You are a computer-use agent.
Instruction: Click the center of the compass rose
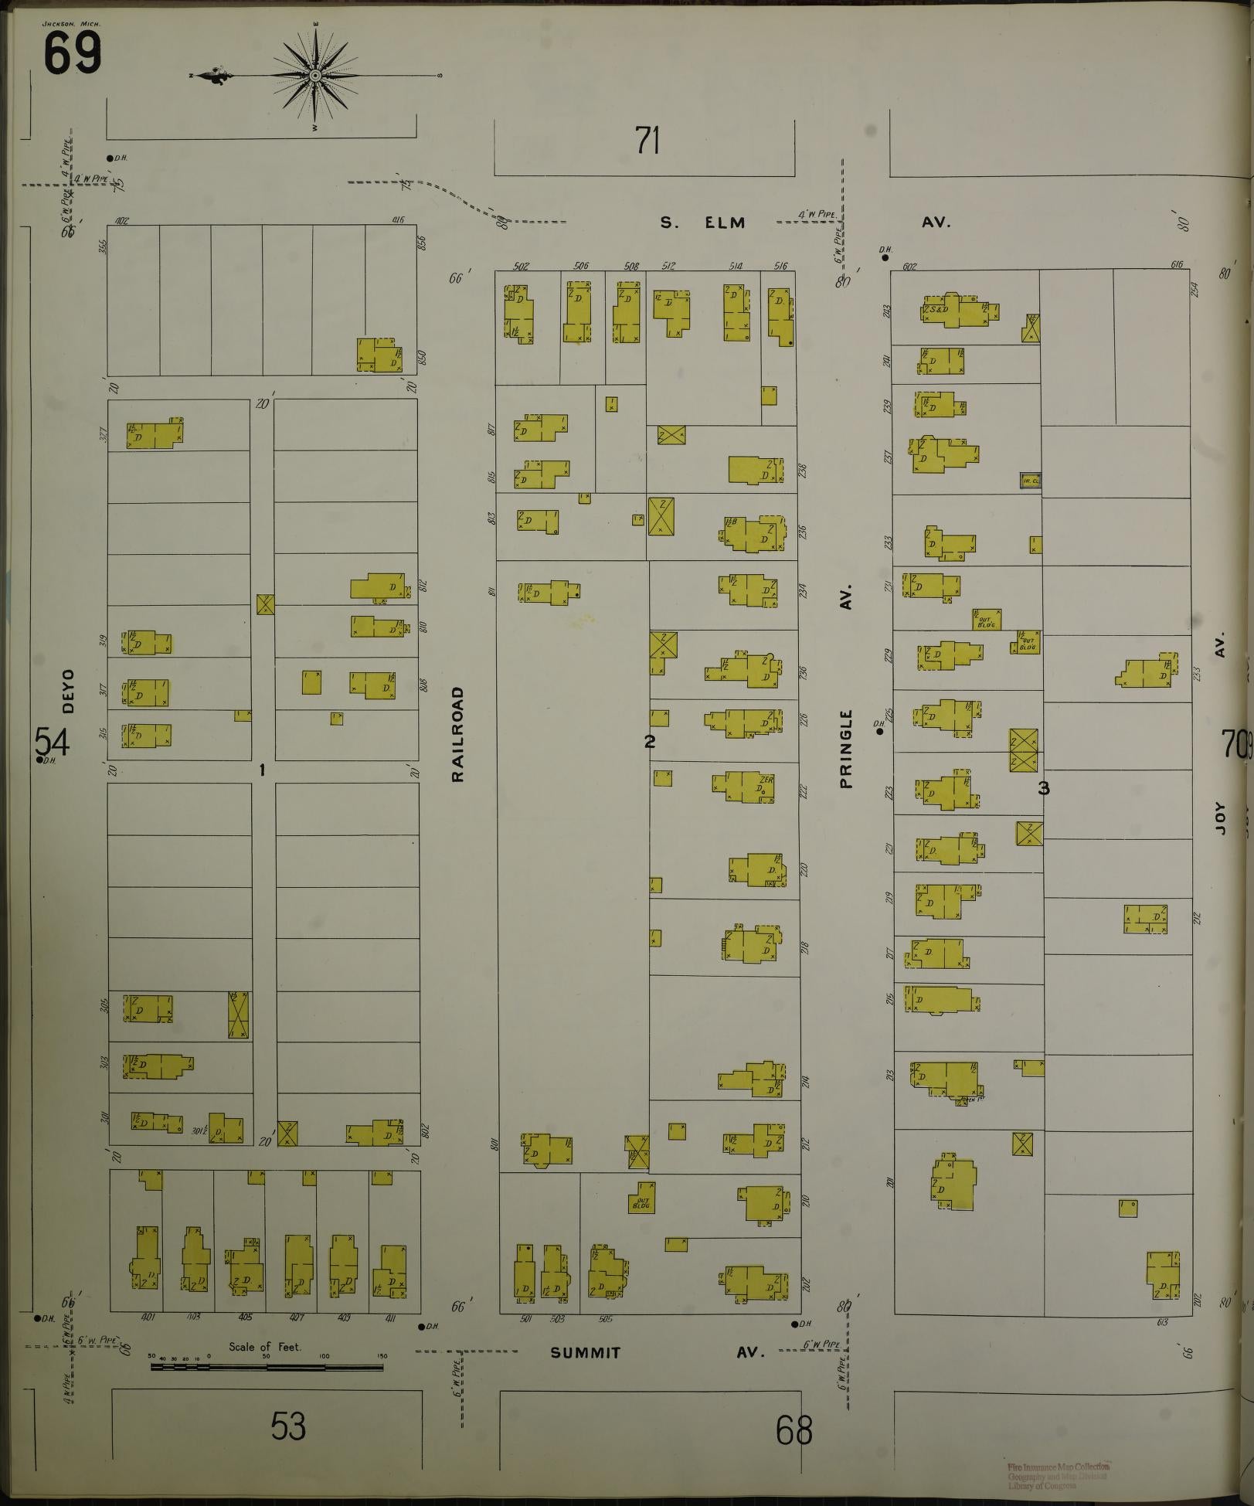[316, 76]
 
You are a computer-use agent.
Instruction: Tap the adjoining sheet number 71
[647, 141]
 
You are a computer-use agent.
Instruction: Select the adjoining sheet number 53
[288, 1426]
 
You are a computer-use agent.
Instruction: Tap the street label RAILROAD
[458, 734]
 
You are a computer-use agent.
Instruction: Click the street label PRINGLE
[847, 748]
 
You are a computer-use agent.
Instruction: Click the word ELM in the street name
[724, 223]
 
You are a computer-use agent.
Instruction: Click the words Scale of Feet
[264, 1347]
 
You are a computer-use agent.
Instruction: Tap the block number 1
[263, 770]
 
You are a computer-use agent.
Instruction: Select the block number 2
[650, 741]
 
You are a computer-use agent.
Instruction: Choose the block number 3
[1044, 788]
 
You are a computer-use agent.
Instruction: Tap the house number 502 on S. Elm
[521, 266]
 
